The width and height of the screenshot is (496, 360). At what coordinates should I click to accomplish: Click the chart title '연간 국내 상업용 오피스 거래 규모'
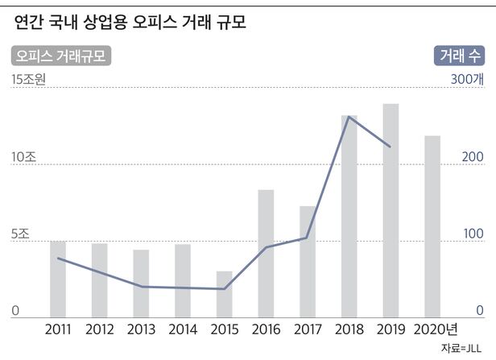click(130, 23)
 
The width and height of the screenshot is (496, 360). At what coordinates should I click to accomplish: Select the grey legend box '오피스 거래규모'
click(60, 56)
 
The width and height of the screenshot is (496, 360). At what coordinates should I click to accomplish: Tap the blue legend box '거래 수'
click(461, 56)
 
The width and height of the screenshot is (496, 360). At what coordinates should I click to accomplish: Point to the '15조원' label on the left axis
click(30, 79)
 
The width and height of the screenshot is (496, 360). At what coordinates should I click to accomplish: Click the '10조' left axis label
click(23, 157)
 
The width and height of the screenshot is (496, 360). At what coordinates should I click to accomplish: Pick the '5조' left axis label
click(20, 235)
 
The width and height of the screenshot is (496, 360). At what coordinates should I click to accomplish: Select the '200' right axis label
click(472, 157)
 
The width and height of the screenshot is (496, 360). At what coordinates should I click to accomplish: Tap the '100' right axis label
click(472, 235)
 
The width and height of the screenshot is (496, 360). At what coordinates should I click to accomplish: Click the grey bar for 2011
click(58, 279)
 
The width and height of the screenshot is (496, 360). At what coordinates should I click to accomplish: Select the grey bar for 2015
click(224, 294)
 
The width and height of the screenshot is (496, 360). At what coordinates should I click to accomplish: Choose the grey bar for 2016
click(266, 253)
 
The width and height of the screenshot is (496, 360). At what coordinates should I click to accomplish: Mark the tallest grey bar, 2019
click(391, 210)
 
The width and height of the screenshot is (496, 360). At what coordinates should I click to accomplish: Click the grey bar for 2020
click(432, 226)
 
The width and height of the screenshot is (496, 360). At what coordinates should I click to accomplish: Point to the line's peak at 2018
click(349, 117)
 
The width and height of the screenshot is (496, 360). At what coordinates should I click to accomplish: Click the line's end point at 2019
click(391, 147)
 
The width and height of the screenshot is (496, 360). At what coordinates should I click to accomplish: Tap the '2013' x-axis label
click(141, 329)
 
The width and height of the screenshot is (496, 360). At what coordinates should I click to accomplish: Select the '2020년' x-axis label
click(435, 329)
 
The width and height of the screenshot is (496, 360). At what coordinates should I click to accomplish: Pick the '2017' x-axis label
click(308, 329)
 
